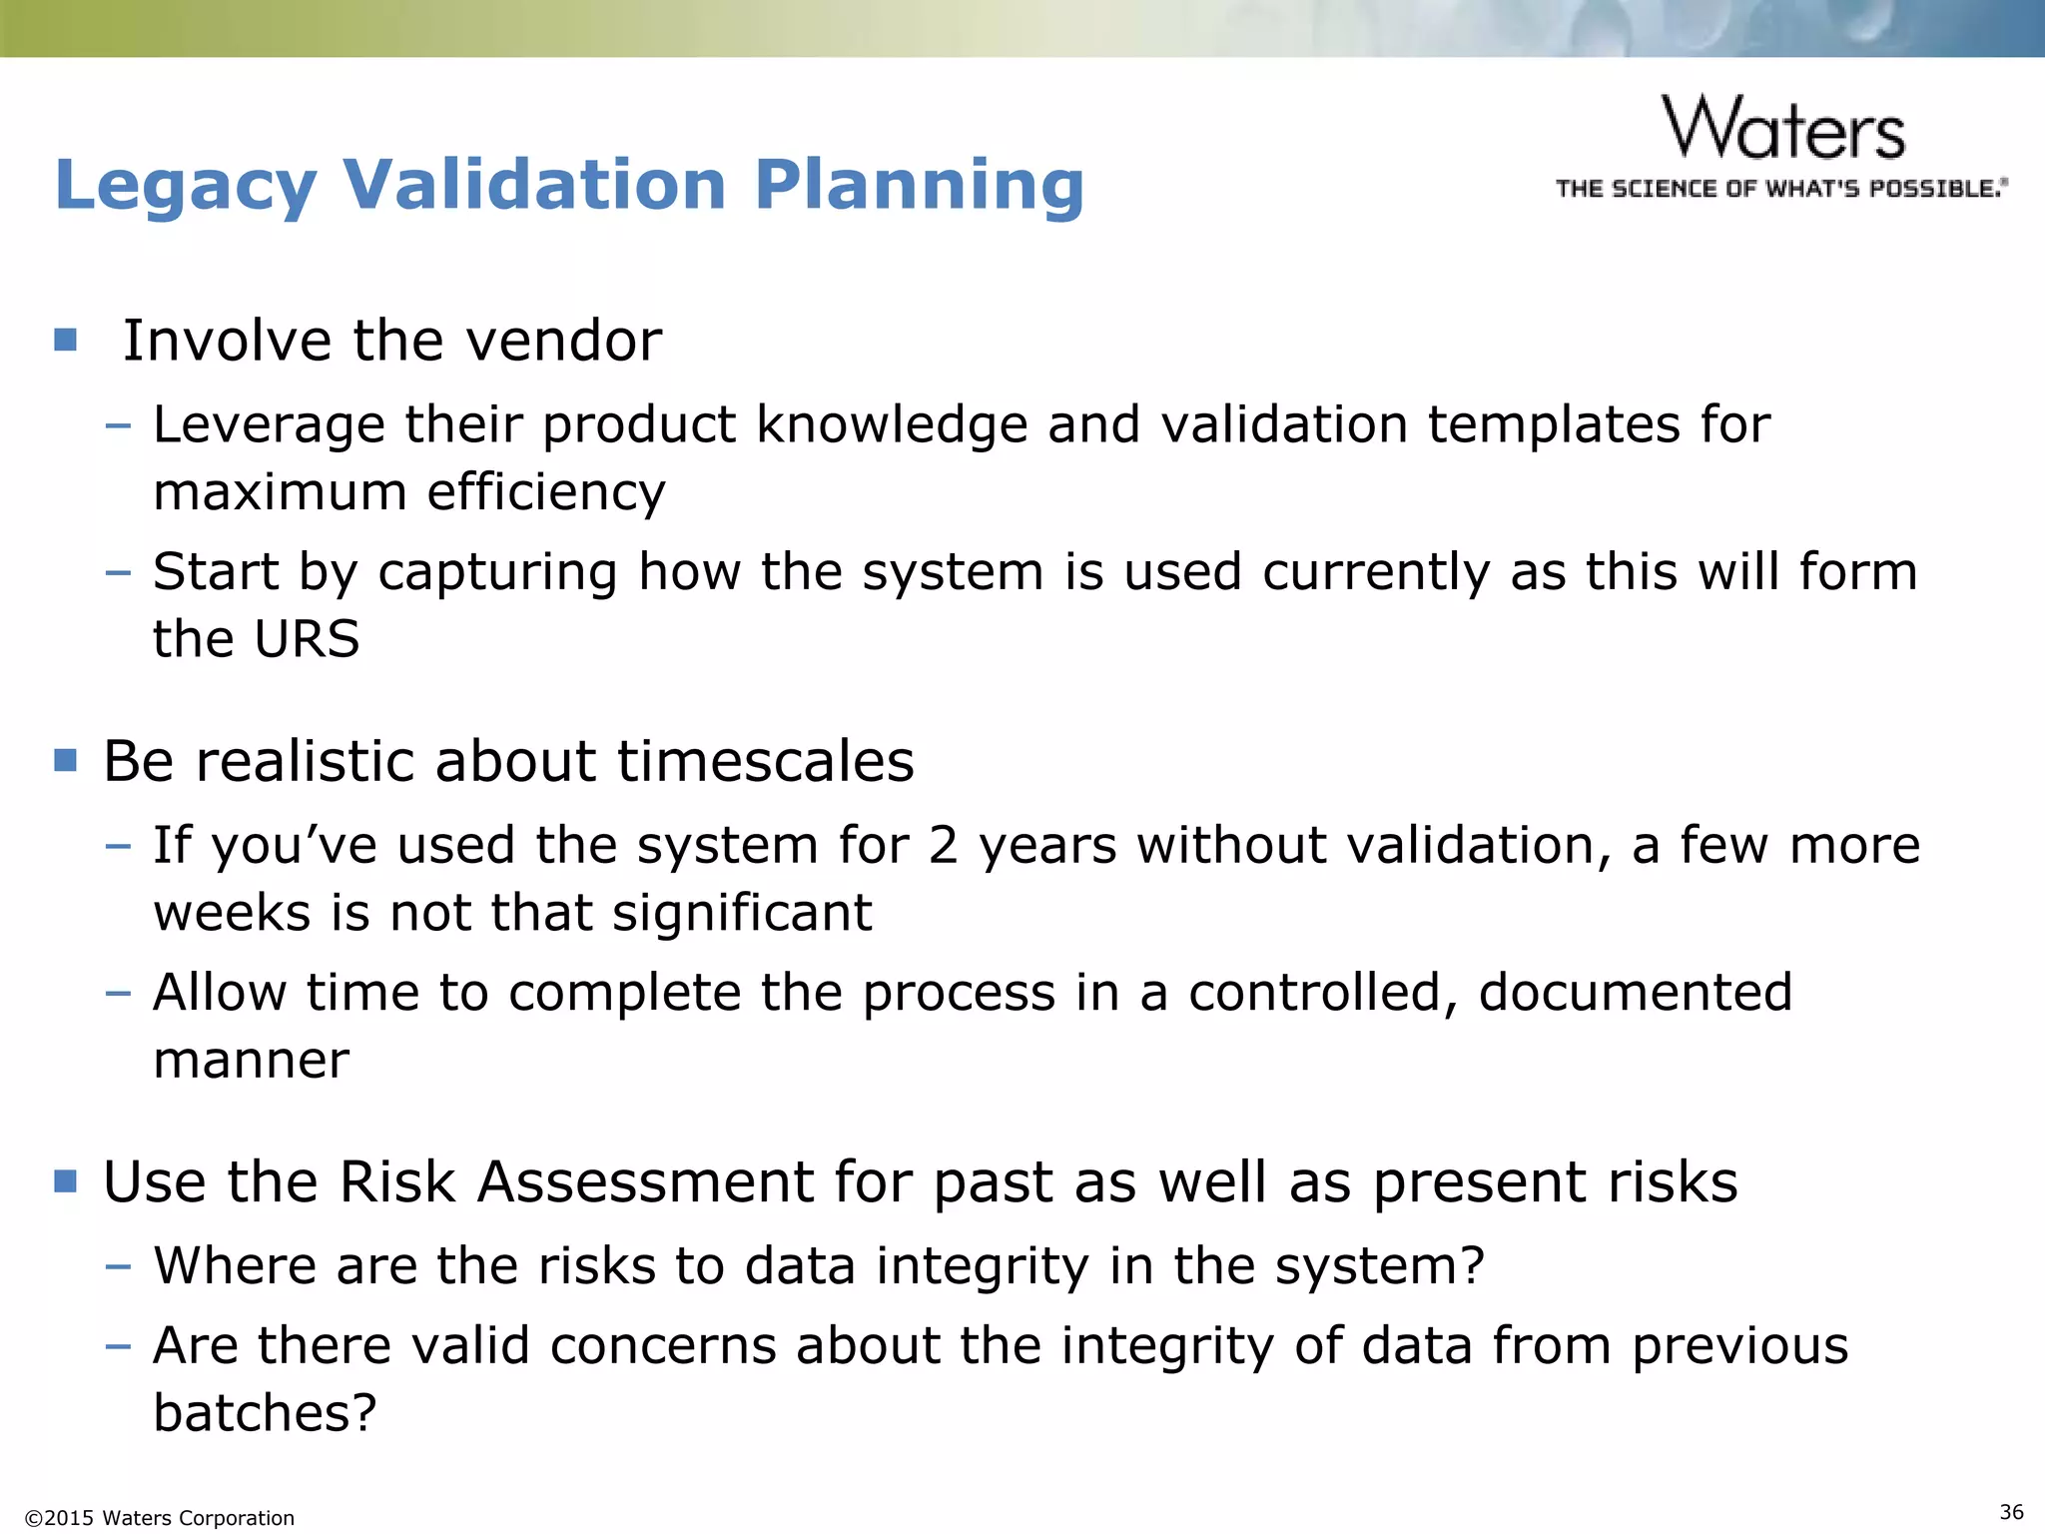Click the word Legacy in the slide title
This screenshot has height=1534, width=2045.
(186, 186)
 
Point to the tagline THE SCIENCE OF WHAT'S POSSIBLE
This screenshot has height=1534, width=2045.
(1781, 189)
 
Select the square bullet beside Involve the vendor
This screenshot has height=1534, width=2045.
(66, 341)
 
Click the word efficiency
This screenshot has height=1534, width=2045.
(546, 491)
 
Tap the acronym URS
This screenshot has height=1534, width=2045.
(307, 639)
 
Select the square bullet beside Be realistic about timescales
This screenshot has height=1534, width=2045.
(66, 761)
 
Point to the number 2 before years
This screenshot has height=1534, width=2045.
(944, 846)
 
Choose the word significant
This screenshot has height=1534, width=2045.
(742, 913)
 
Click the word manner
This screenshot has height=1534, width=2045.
(252, 1060)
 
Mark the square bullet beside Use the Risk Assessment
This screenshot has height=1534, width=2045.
(66, 1182)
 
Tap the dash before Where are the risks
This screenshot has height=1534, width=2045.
(118, 1266)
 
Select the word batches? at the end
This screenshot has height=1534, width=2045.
(266, 1413)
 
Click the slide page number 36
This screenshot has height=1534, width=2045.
(2011, 1512)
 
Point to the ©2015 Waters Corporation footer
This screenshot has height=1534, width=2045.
(160, 1518)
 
